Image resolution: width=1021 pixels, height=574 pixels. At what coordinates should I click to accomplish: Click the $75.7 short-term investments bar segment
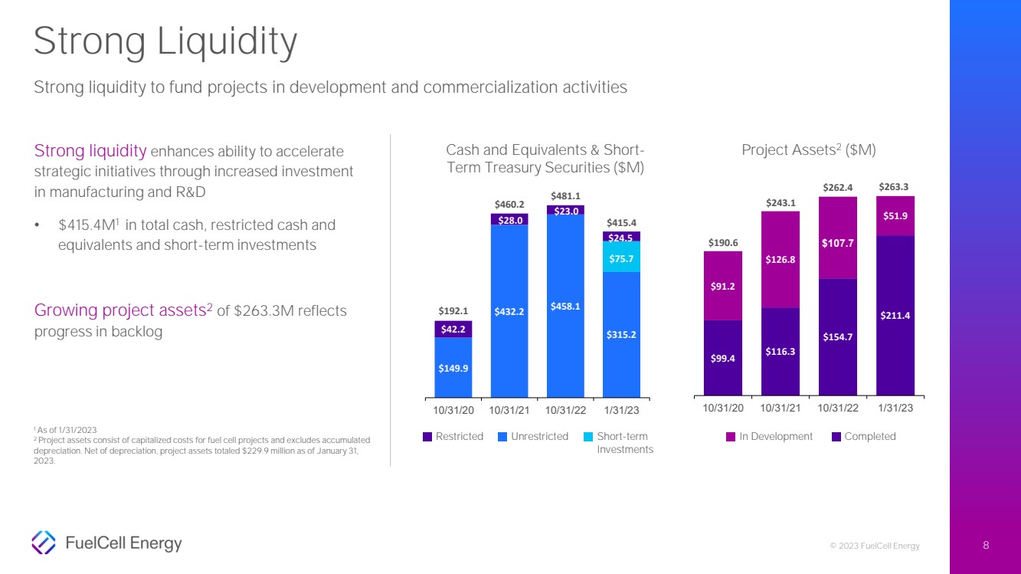(621, 257)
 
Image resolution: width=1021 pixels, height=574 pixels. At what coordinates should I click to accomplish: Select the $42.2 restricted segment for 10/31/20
(453, 330)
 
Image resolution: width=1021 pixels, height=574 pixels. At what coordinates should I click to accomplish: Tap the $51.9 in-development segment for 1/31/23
(895, 216)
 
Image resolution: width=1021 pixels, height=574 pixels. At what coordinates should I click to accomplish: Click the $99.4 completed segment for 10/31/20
(723, 358)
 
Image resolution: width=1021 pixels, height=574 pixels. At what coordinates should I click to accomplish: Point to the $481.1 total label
(565, 196)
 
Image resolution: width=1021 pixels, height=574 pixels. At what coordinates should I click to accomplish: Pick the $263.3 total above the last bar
(893, 187)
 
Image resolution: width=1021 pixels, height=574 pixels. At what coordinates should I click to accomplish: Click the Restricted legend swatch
(427, 437)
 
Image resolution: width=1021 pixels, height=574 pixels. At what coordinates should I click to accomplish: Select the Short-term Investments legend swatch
(588, 437)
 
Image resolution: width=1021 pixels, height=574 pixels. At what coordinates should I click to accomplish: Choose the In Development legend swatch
(731, 437)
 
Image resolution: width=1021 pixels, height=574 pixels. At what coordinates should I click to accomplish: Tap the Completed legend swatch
(836, 437)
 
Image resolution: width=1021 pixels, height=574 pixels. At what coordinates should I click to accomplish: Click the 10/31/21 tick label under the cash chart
(509, 410)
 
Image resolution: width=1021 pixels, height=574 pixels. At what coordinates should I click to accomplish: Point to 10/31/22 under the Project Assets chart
(838, 408)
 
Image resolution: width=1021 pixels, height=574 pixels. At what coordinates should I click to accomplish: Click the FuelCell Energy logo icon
(44, 543)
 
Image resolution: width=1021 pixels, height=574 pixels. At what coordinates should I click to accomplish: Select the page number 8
(986, 546)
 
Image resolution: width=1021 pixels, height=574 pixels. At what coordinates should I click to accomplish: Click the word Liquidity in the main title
(227, 42)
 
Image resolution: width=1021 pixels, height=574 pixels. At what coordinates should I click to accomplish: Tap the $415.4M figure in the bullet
(88, 225)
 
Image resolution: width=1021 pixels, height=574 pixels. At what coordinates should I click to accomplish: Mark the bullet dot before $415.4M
(37, 225)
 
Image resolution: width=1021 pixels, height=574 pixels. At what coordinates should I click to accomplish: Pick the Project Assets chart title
(809, 150)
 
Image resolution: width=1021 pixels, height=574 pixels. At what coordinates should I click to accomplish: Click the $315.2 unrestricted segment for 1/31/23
(621, 335)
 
